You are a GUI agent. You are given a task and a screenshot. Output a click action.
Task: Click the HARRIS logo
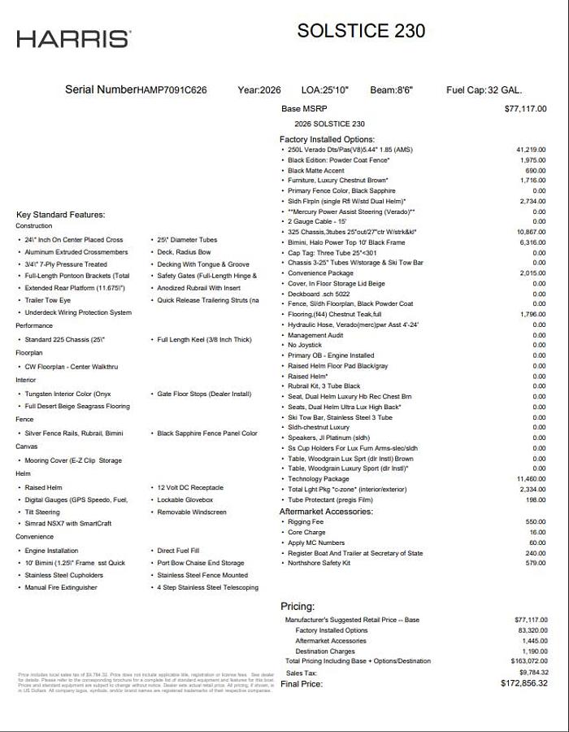coord(73,38)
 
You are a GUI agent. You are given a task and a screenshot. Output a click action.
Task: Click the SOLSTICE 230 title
coord(361,31)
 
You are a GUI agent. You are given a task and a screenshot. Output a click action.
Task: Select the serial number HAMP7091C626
coord(172,90)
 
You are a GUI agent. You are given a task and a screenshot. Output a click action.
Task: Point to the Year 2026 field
coord(259,90)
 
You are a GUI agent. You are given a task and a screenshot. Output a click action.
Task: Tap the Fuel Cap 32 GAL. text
coord(484,90)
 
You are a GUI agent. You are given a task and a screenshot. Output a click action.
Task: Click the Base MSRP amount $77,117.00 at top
coord(525,108)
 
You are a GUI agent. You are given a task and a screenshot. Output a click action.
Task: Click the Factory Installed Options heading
coord(327,140)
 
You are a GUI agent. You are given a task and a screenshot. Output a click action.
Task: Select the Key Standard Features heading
coord(61,215)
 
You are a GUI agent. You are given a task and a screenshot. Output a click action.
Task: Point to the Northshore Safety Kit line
coord(319,563)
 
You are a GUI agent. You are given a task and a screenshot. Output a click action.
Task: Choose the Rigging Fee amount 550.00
coord(536,521)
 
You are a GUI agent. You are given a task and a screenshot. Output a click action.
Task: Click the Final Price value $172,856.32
coord(524,683)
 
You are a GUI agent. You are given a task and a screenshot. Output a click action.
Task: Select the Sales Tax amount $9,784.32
coord(531,673)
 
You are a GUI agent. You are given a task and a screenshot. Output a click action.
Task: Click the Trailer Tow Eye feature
coord(48,300)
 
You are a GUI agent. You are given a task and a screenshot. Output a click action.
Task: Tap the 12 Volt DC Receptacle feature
coord(190,487)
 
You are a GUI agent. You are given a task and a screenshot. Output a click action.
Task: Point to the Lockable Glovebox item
coord(185,499)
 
